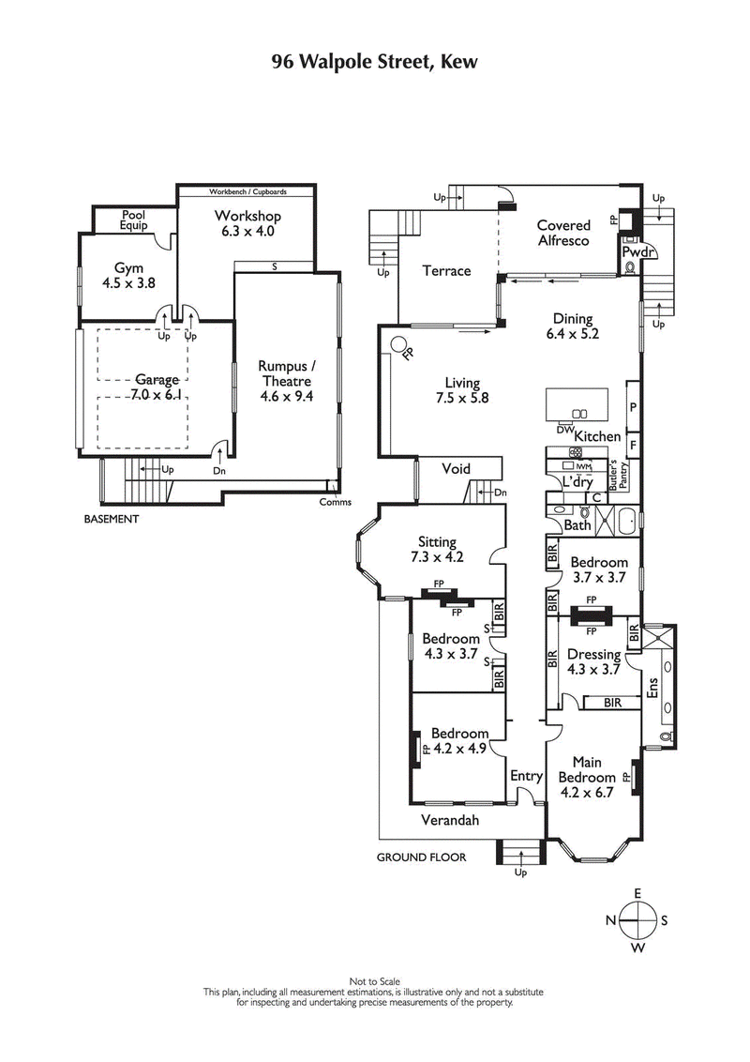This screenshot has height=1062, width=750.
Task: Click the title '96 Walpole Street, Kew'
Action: click(x=375, y=62)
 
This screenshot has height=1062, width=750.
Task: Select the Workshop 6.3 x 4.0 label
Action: click(x=247, y=223)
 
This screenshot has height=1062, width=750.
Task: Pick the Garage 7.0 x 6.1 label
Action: click(x=157, y=387)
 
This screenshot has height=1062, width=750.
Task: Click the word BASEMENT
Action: click(x=111, y=519)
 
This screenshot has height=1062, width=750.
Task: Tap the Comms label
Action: click(x=335, y=502)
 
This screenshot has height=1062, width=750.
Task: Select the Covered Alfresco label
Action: click(x=562, y=233)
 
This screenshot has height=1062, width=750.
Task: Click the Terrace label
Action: click(x=445, y=271)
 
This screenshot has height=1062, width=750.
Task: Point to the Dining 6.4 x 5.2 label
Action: click(x=572, y=326)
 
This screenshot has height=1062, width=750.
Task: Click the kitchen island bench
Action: click(x=577, y=404)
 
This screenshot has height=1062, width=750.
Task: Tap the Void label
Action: click(x=456, y=469)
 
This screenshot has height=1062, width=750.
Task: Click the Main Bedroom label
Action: click(x=587, y=770)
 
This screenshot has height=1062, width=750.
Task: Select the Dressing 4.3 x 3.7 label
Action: click(x=593, y=661)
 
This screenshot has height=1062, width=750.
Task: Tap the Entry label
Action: click(x=526, y=776)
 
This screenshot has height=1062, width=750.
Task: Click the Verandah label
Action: click(x=451, y=820)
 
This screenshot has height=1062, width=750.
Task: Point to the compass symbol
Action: click(x=637, y=919)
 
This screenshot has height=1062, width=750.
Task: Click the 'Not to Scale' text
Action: click(x=374, y=980)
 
